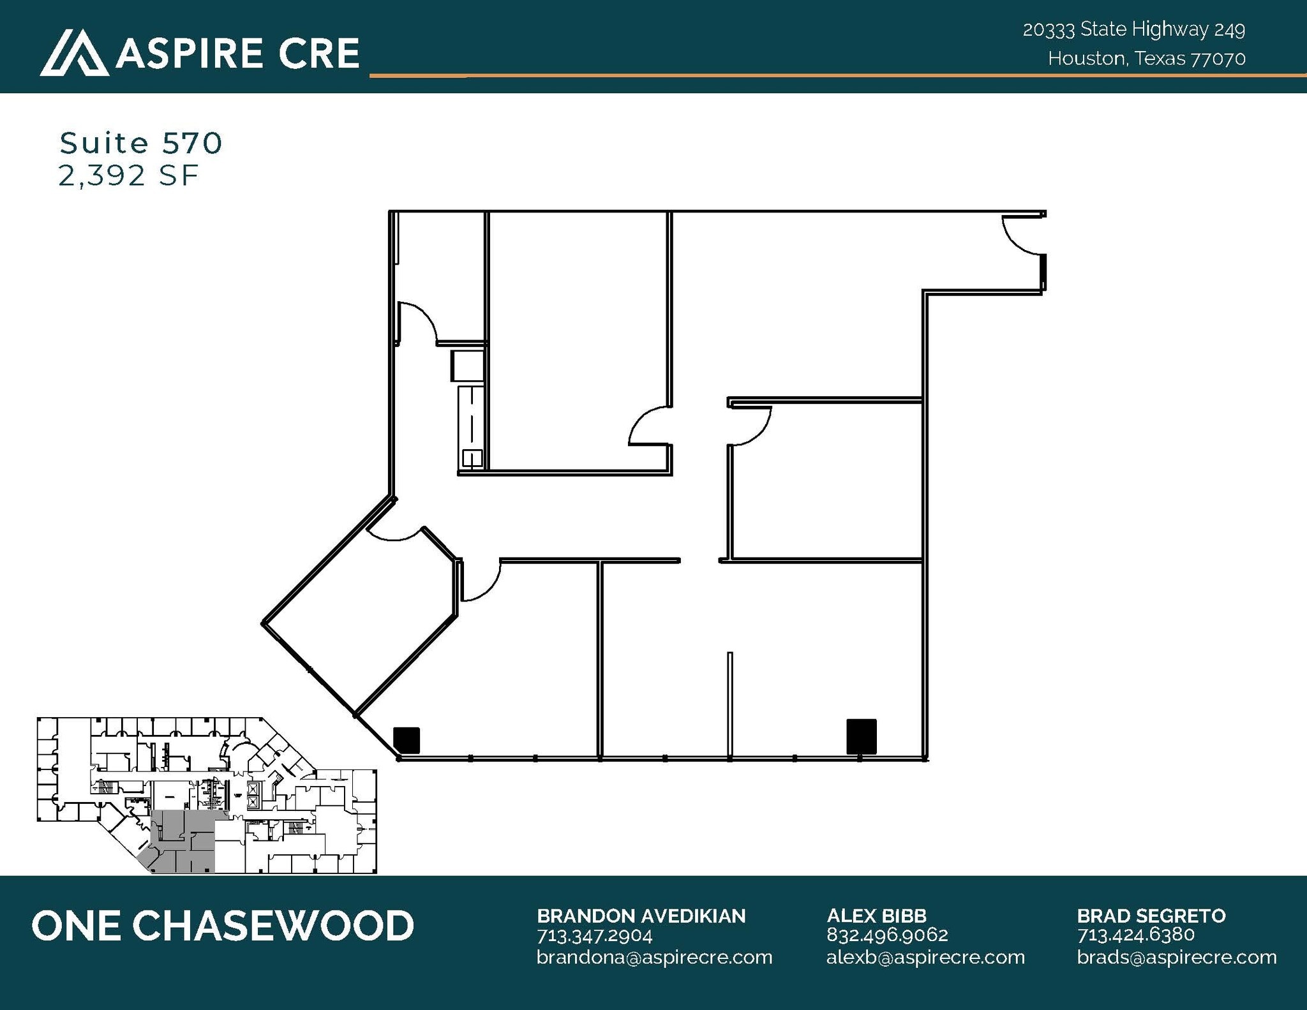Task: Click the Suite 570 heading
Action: [x=141, y=143]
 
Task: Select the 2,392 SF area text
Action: [x=128, y=175]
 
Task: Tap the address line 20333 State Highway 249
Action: [x=1133, y=29]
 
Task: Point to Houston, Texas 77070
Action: [x=1146, y=59]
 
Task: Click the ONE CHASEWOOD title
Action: [x=223, y=926]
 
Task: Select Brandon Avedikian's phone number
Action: [x=594, y=936]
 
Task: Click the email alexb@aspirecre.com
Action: [x=925, y=957]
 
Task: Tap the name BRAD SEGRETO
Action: [x=1151, y=916]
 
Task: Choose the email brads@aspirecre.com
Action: [x=1176, y=957]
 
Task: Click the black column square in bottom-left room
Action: [x=407, y=739]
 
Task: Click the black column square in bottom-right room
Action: [x=861, y=736]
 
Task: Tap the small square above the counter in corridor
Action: [x=467, y=366]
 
